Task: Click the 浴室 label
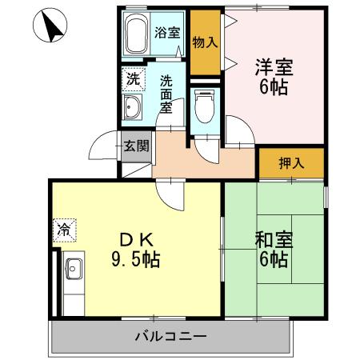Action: point(167,34)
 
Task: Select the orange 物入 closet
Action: point(205,42)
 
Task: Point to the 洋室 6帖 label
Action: point(274,77)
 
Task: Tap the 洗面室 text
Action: point(166,93)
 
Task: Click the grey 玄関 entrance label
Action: point(135,146)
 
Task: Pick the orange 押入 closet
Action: point(291,163)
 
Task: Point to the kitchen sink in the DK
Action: point(73,270)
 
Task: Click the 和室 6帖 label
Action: point(274,250)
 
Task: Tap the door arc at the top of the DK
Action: point(169,194)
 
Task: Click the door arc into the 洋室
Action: point(238,131)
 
